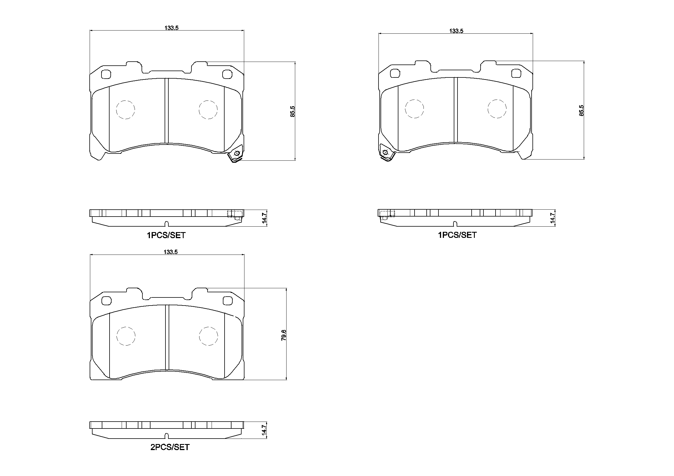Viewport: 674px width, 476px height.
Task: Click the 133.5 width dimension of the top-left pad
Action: (172, 28)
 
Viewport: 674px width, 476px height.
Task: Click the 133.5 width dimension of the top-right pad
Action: (456, 31)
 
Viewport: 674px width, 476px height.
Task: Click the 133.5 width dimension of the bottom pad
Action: (171, 252)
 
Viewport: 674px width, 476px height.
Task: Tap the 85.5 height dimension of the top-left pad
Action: (292, 112)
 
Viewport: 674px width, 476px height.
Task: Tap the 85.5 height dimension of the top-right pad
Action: (581, 111)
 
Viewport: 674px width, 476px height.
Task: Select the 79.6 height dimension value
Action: (284, 335)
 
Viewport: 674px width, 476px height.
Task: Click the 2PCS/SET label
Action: (170, 447)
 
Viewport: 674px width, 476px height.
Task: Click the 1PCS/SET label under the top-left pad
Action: (166, 236)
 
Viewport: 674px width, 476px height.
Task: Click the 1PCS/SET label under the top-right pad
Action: (457, 235)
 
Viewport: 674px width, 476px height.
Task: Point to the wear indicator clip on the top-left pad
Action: (236, 154)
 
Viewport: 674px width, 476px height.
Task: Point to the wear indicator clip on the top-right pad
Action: (386, 153)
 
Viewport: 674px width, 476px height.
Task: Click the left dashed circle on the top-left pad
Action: (126, 110)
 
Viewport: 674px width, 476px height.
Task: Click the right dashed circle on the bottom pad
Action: (208, 336)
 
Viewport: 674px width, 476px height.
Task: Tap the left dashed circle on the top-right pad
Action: (414, 109)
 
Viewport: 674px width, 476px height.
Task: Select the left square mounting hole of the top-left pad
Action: (106, 75)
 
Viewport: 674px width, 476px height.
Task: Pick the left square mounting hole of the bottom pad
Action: (106, 301)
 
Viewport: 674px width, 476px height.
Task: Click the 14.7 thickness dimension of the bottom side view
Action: (264, 430)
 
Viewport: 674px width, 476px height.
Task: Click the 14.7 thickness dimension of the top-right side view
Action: (553, 218)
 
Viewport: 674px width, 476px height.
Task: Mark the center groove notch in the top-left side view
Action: (166, 223)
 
